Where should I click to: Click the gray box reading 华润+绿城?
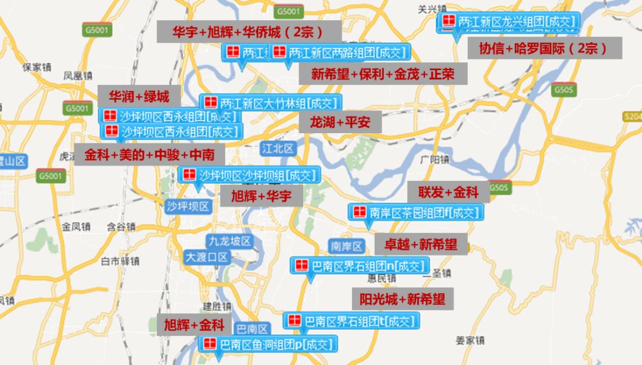(139, 96)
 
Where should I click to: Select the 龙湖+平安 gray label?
(339, 122)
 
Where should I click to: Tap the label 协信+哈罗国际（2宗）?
(544, 48)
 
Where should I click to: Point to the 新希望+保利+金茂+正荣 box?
(383, 74)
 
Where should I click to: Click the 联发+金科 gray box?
(448, 192)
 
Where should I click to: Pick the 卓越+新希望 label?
(420, 244)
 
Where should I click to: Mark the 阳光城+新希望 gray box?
(402, 298)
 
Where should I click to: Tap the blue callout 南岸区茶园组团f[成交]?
(416, 212)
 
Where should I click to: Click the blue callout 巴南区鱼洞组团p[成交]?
(268, 344)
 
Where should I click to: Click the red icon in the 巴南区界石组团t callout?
(294, 321)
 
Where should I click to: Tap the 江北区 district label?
(278, 149)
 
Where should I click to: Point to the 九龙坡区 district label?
(229, 241)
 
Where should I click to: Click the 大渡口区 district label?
(206, 257)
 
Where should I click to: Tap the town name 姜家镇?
(470, 341)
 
